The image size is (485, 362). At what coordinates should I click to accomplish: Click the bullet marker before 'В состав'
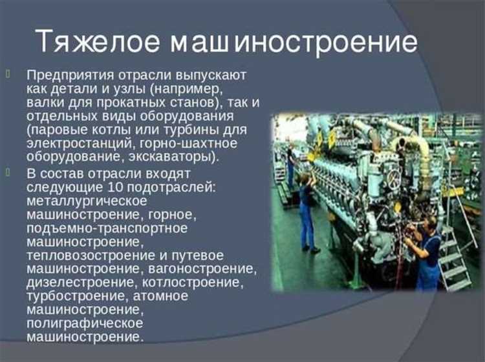(x=8, y=173)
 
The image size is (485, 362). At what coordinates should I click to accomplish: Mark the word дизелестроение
(x=72, y=283)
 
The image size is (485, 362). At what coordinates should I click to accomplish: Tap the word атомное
(x=160, y=296)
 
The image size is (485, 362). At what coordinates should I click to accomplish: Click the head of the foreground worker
(x=427, y=224)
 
